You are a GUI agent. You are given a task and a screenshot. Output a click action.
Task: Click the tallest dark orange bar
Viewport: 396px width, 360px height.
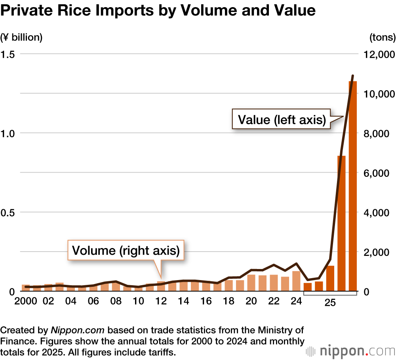[x=352, y=186]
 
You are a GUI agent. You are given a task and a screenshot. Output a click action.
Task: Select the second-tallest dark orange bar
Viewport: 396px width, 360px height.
[x=341, y=224]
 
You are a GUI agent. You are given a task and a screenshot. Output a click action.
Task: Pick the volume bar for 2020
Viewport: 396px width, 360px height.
[x=251, y=283]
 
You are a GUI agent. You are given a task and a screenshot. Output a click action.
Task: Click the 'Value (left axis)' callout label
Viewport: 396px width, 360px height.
[x=281, y=119]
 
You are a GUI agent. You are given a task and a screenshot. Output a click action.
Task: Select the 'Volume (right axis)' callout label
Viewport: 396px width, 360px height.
[x=126, y=250]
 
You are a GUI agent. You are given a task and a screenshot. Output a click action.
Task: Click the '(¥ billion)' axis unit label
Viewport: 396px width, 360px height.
[x=21, y=38]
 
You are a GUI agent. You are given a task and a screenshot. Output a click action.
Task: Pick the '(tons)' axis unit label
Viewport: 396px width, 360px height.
[x=382, y=38]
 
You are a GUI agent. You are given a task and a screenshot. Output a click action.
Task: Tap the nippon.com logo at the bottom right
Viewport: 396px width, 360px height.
[x=350, y=351]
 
